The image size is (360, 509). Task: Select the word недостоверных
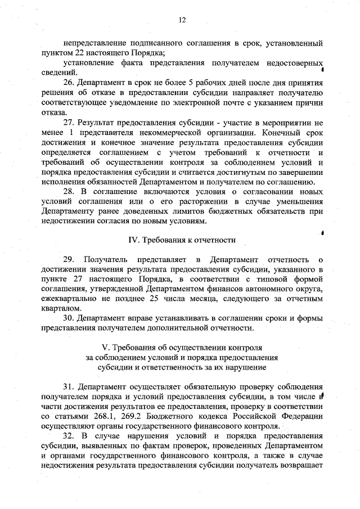(295, 62)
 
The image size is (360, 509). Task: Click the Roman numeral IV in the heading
(133, 240)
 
